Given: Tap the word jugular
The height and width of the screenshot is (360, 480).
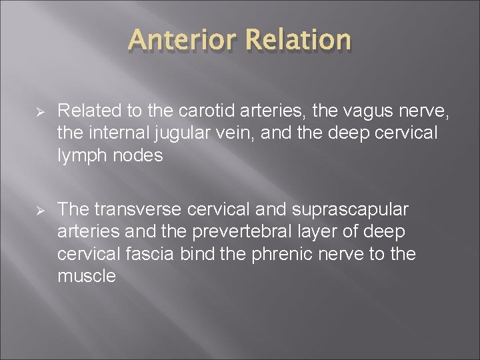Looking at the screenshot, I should click(177, 133).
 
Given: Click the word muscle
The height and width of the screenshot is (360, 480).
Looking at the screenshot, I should click(87, 275).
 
